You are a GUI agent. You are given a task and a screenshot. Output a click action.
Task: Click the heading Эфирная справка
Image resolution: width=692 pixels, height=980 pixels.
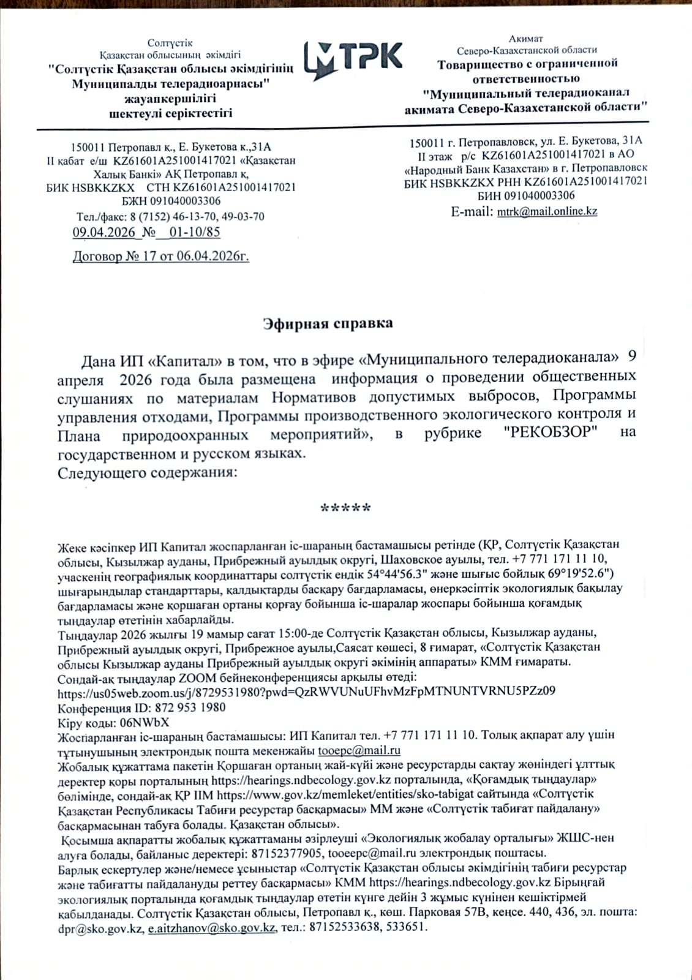tap(328, 323)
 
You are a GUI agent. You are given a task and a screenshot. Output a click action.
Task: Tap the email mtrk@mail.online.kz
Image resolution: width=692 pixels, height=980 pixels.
tap(547, 211)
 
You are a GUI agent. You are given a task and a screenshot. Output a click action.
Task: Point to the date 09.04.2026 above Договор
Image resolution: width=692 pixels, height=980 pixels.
tap(103, 232)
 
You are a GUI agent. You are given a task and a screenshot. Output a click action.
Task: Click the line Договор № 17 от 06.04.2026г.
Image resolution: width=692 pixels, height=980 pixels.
tap(160, 257)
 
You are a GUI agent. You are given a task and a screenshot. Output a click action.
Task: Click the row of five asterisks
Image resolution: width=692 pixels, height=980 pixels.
tap(345, 508)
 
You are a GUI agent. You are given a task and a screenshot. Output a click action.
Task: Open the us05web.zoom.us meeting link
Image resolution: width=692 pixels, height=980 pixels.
tap(306, 692)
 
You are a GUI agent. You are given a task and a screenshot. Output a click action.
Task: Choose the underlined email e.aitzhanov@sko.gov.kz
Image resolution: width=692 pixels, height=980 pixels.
tap(212, 928)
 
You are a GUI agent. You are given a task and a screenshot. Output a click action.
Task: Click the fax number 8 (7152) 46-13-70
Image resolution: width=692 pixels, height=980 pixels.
tap(171, 217)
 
